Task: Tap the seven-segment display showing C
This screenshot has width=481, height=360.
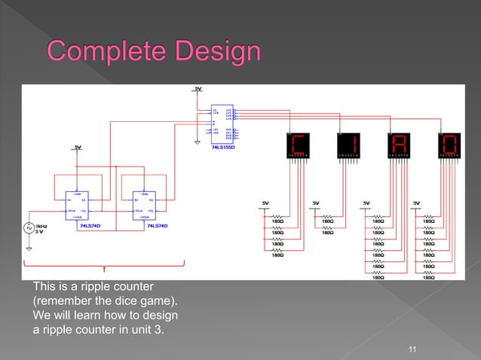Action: tap(298, 145)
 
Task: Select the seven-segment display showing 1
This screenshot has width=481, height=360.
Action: tap(350, 145)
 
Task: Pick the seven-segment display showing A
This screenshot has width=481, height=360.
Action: tap(399, 145)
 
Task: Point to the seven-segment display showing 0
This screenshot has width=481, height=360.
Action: tap(451, 145)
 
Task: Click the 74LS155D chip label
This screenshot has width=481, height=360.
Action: tap(223, 148)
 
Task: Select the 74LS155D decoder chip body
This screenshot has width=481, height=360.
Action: tap(223, 123)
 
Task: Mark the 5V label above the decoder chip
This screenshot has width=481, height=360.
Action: tap(198, 89)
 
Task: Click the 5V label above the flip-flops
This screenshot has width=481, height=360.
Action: tap(78, 147)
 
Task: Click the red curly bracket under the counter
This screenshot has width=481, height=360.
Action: tap(104, 266)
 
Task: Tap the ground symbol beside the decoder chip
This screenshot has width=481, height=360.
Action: tap(197, 140)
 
